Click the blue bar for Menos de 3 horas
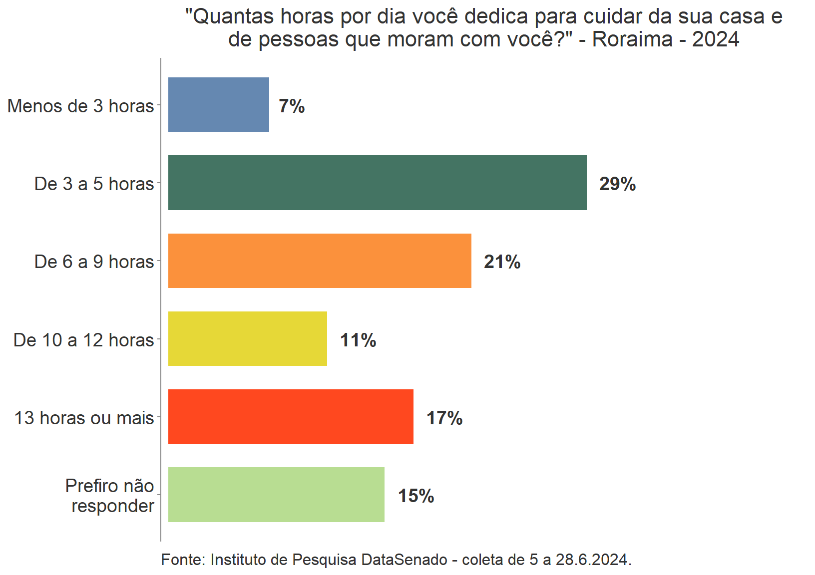coord(218,104)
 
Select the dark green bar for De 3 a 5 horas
coord(377,183)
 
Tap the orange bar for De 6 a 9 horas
coord(320,261)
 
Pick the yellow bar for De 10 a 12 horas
coord(248,339)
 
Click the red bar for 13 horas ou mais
coord(291,417)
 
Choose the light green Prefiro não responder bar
coord(276,495)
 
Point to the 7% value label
coord(292,106)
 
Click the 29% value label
coord(617,184)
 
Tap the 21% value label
coord(502,262)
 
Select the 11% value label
coord(358,340)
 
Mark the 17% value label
coord(444,418)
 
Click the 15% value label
coord(416,496)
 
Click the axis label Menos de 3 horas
coord(81,106)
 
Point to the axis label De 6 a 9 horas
coord(94,262)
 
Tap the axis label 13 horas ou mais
coord(84,418)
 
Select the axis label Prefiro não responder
coord(110,496)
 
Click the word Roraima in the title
coord(633,39)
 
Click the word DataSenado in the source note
coord(404,560)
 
